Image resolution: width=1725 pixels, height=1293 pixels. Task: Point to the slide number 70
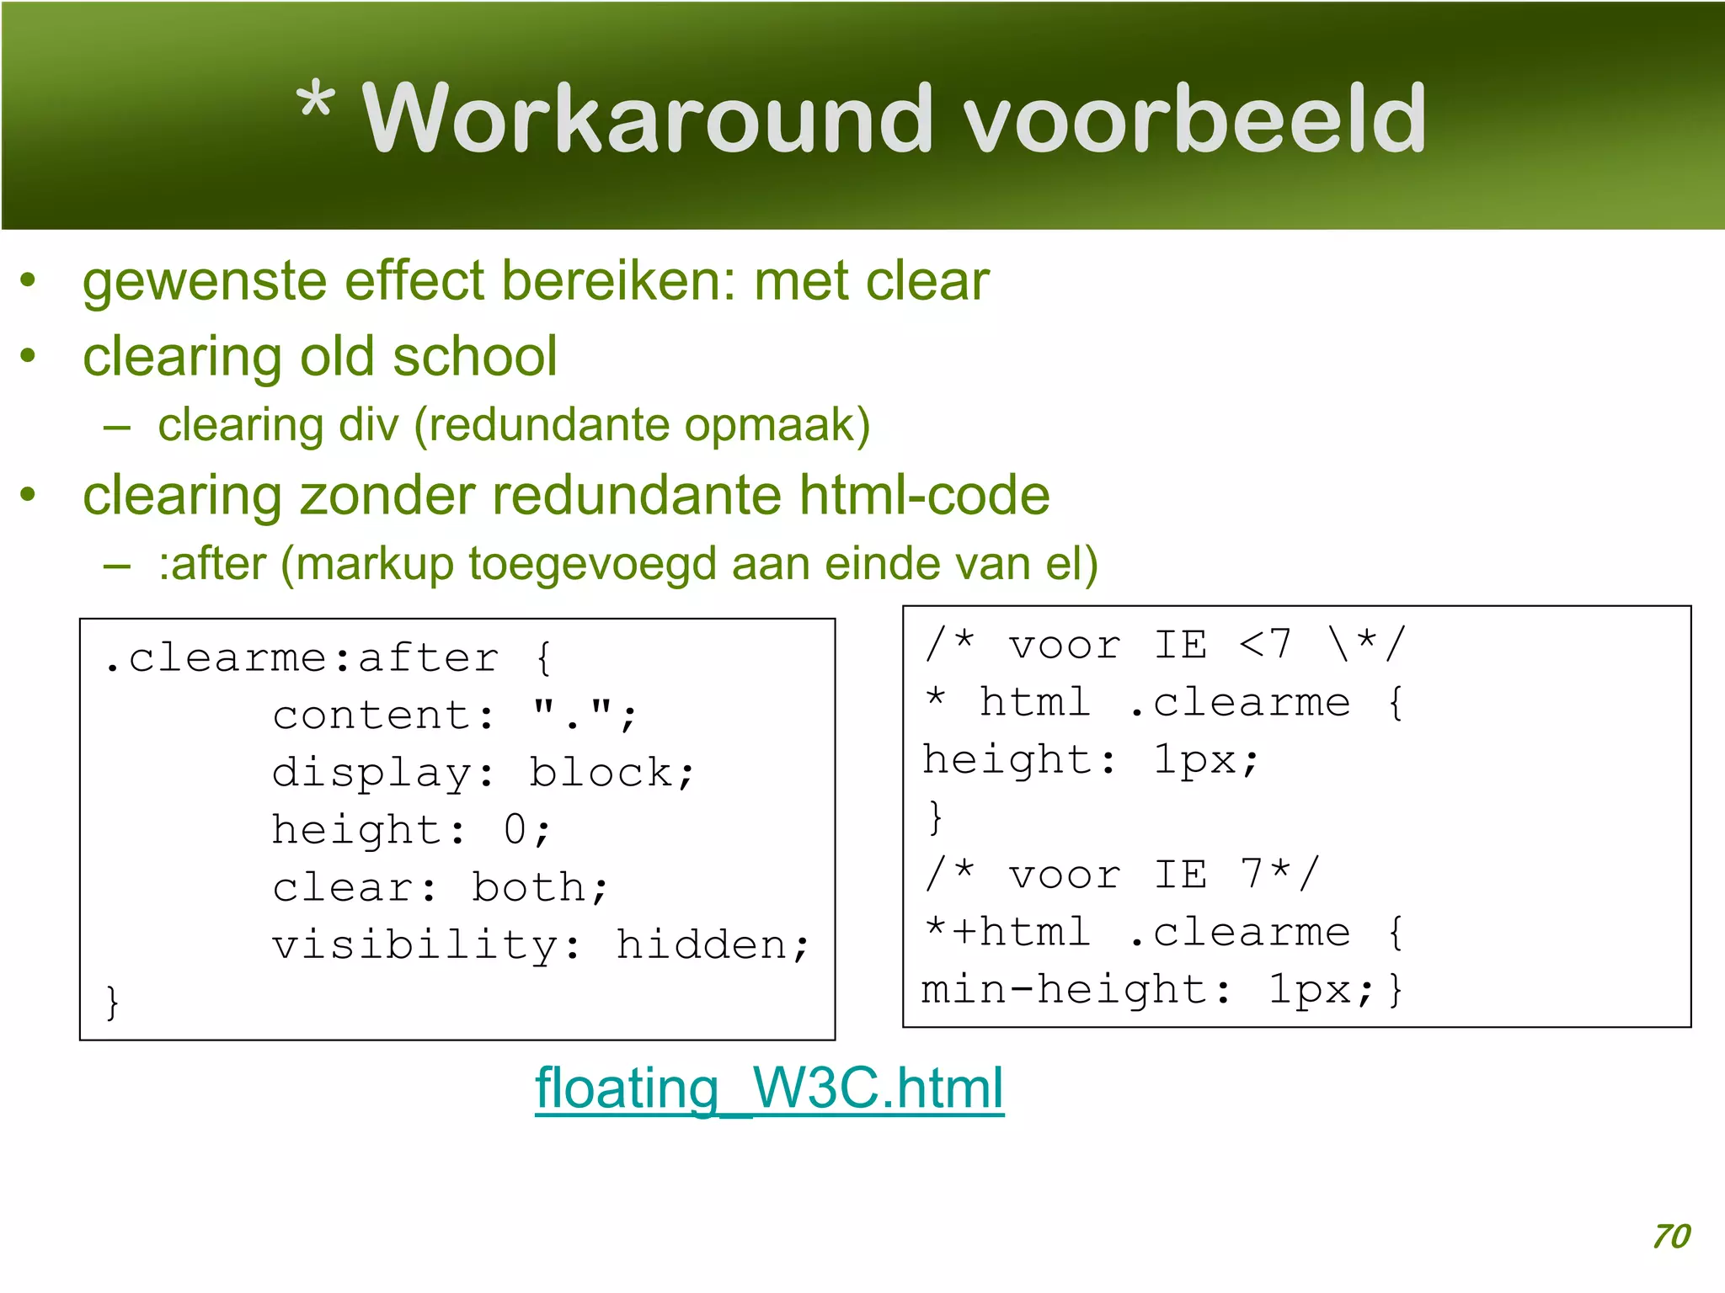(1671, 1236)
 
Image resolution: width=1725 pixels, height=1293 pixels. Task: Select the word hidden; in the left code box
(712, 944)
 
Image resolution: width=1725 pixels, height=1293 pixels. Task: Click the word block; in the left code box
(611, 773)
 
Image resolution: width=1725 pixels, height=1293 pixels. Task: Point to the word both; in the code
(539, 887)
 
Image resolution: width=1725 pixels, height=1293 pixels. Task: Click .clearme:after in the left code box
(301, 657)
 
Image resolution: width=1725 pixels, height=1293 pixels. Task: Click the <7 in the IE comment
(1264, 645)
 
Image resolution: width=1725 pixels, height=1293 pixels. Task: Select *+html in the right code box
(1007, 932)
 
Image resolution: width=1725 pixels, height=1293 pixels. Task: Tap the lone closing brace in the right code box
(935, 817)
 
